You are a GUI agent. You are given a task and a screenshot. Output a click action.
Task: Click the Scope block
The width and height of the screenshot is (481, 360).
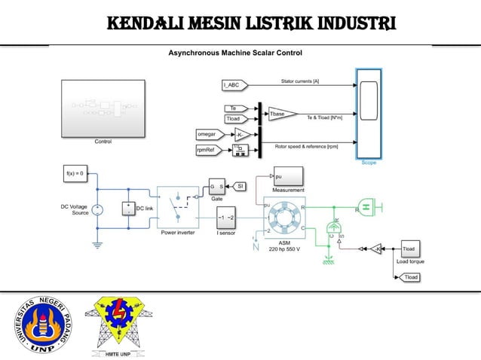(x=369, y=113)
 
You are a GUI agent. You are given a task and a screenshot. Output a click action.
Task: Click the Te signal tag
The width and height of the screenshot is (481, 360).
(x=234, y=108)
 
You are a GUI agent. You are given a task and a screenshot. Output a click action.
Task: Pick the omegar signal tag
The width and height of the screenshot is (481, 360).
(x=207, y=135)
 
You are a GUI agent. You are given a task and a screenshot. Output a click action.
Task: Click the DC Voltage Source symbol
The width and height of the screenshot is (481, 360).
(x=100, y=211)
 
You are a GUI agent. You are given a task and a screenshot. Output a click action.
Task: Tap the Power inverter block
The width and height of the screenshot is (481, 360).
(x=178, y=208)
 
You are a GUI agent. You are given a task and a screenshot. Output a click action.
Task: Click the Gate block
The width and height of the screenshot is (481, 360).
(x=216, y=186)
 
